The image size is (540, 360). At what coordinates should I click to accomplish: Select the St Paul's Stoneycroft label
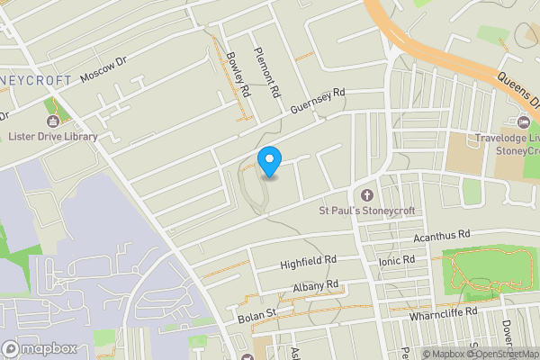[365, 211]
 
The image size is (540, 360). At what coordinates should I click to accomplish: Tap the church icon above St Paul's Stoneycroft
[366, 195]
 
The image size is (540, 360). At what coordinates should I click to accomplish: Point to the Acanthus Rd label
[442, 236]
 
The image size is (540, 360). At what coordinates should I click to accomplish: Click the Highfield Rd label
[308, 261]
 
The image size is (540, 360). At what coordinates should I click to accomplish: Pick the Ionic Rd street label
[397, 260]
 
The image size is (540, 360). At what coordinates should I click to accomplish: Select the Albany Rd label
[315, 288]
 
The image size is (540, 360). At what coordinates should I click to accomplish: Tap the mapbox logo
[40, 348]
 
